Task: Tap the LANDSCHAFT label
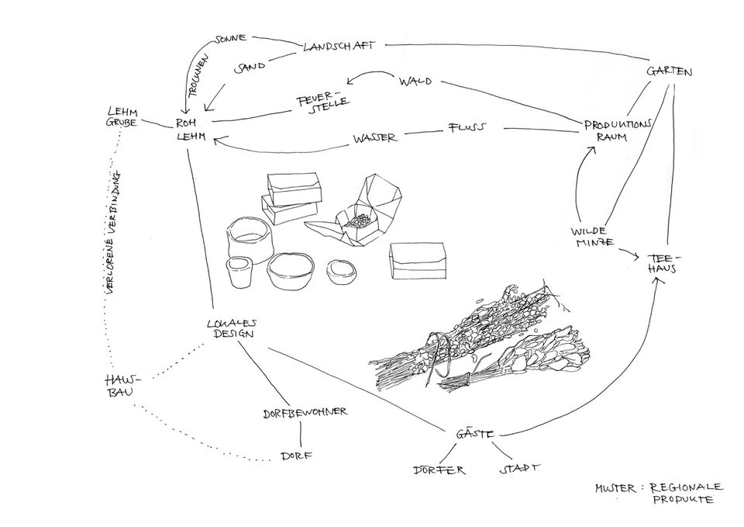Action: click(339, 46)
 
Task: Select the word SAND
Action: click(250, 68)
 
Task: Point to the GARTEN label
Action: click(670, 71)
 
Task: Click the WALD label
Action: click(415, 81)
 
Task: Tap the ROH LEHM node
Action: click(189, 129)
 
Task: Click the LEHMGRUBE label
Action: click(122, 117)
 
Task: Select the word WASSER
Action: click(375, 138)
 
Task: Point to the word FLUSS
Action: click(466, 127)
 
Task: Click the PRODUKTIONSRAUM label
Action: click(618, 130)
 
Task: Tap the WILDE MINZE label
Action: click(593, 237)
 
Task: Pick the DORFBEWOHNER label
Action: click(305, 411)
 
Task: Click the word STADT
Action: click(518, 469)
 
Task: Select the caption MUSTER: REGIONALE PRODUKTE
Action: click(658, 493)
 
